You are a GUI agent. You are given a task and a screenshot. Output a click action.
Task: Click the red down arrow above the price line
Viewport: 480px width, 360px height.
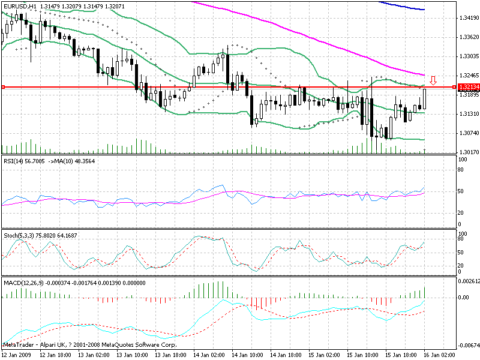[433, 80]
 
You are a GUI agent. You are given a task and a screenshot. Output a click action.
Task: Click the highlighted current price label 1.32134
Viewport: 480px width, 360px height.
[467, 88]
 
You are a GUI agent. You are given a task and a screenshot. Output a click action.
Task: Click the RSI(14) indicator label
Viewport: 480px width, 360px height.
[17, 161]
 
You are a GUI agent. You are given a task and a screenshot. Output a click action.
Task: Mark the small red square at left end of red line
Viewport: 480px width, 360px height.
[3, 88]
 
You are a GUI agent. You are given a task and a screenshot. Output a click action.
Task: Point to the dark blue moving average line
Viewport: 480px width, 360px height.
[408, 7]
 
